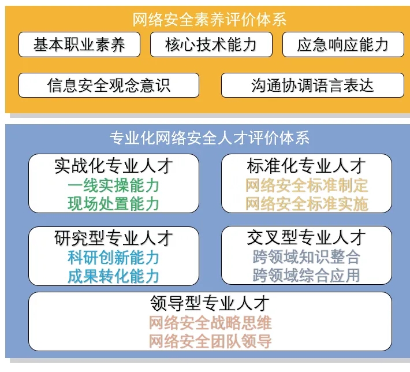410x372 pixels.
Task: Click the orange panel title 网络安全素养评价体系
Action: [209, 20]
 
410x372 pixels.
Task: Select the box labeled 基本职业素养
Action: [79, 44]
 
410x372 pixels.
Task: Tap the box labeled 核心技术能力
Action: [211, 44]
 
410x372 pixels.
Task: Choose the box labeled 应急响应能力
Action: [343, 44]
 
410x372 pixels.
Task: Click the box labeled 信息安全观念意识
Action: [109, 85]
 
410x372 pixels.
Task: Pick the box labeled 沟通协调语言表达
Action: [312, 85]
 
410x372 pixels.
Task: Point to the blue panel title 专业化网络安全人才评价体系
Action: [210, 137]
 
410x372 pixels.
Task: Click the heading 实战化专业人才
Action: [114, 166]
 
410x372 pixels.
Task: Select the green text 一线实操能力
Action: [114, 185]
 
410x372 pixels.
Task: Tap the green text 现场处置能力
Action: [114, 204]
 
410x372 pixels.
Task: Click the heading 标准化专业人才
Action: [306, 166]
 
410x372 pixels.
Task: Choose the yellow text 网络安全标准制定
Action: [307, 185]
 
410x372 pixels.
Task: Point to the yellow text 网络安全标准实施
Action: [307, 204]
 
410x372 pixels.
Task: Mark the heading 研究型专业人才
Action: [114, 238]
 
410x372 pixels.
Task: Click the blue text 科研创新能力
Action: [114, 258]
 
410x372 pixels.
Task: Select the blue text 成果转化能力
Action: [114, 276]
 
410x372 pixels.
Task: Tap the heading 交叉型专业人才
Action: [306, 237]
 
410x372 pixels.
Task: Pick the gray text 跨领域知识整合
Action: [307, 257]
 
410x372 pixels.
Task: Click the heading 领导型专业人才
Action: [210, 303]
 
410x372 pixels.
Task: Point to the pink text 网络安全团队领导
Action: [210, 341]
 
